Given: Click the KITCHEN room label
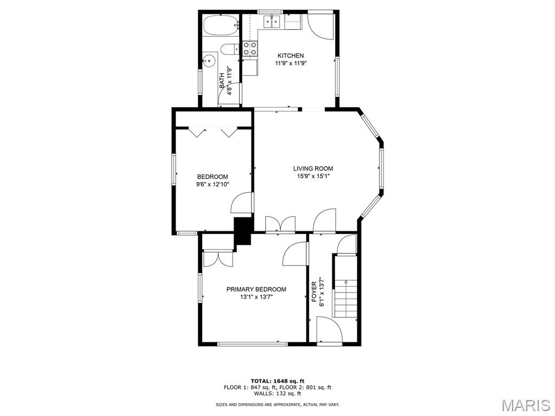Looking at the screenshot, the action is [291, 56].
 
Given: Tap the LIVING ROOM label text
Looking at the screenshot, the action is [313, 169].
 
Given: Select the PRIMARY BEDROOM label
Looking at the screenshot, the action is [256, 289].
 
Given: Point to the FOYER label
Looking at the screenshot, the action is [314, 292].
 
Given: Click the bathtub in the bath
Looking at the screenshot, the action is [221, 25].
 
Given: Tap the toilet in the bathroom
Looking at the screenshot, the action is [229, 49].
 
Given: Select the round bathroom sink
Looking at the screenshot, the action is [210, 61].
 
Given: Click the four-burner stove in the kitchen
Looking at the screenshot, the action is [250, 49].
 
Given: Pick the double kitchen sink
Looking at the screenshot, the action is [272, 22].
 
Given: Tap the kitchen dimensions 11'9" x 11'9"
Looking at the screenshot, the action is [291, 63].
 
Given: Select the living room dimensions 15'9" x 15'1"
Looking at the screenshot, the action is [313, 176].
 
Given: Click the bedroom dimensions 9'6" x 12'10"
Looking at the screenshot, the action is [212, 184].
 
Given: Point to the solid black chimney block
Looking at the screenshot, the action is [243, 231].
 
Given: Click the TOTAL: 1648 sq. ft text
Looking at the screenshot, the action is [277, 381].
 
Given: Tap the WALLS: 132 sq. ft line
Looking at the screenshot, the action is [277, 393].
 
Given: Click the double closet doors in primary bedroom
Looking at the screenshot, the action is [218, 258].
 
